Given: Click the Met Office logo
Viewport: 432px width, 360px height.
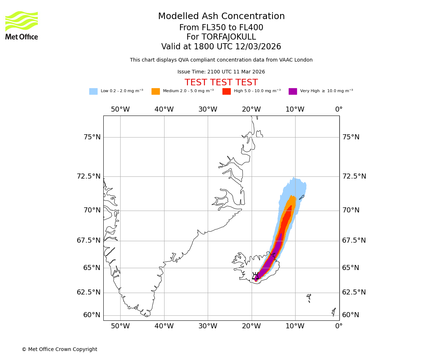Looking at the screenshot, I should [x=22, y=25].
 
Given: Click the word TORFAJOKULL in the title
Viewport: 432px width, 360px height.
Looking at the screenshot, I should [x=229, y=37].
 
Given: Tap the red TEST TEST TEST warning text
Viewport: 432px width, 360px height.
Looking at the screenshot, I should [x=221, y=82].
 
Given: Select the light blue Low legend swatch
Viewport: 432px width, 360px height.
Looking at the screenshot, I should [x=93, y=91].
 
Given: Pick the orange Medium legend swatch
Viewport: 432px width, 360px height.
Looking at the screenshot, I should [x=156, y=91].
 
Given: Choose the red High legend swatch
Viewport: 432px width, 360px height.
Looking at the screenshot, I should [x=226, y=91].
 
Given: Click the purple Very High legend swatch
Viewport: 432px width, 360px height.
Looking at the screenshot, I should [x=293, y=91].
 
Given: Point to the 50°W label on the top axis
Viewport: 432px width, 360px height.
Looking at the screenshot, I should [x=120, y=109].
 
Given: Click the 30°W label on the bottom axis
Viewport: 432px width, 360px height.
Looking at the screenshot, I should [x=208, y=327].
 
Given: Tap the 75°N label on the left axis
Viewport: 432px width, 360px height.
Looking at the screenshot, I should [x=92, y=137].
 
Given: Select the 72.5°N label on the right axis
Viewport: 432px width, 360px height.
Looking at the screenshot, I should [x=354, y=176].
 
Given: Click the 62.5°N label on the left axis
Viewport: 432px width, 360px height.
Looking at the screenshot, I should [x=89, y=292].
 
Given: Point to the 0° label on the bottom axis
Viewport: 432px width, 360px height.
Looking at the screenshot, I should [x=339, y=327].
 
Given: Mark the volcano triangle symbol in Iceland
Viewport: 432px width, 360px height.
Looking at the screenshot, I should [x=255, y=276].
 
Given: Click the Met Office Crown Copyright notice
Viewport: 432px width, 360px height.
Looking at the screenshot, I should [x=59, y=350].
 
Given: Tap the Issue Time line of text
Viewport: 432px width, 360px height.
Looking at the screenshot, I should [x=221, y=72].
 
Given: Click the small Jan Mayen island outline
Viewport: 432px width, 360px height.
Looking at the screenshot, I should [x=302, y=197].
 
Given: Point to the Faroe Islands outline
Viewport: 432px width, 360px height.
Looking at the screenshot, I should [x=309, y=298].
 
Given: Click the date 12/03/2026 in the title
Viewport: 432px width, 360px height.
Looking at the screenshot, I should [x=258, y=47].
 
